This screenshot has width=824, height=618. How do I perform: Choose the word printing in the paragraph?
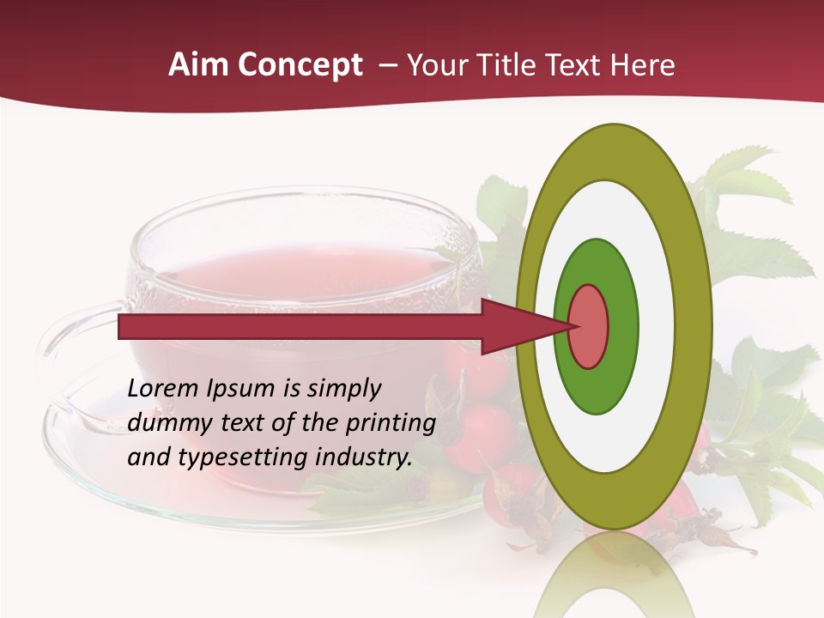coord(391,424)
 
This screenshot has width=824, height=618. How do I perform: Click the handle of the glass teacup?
coord(64,360)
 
